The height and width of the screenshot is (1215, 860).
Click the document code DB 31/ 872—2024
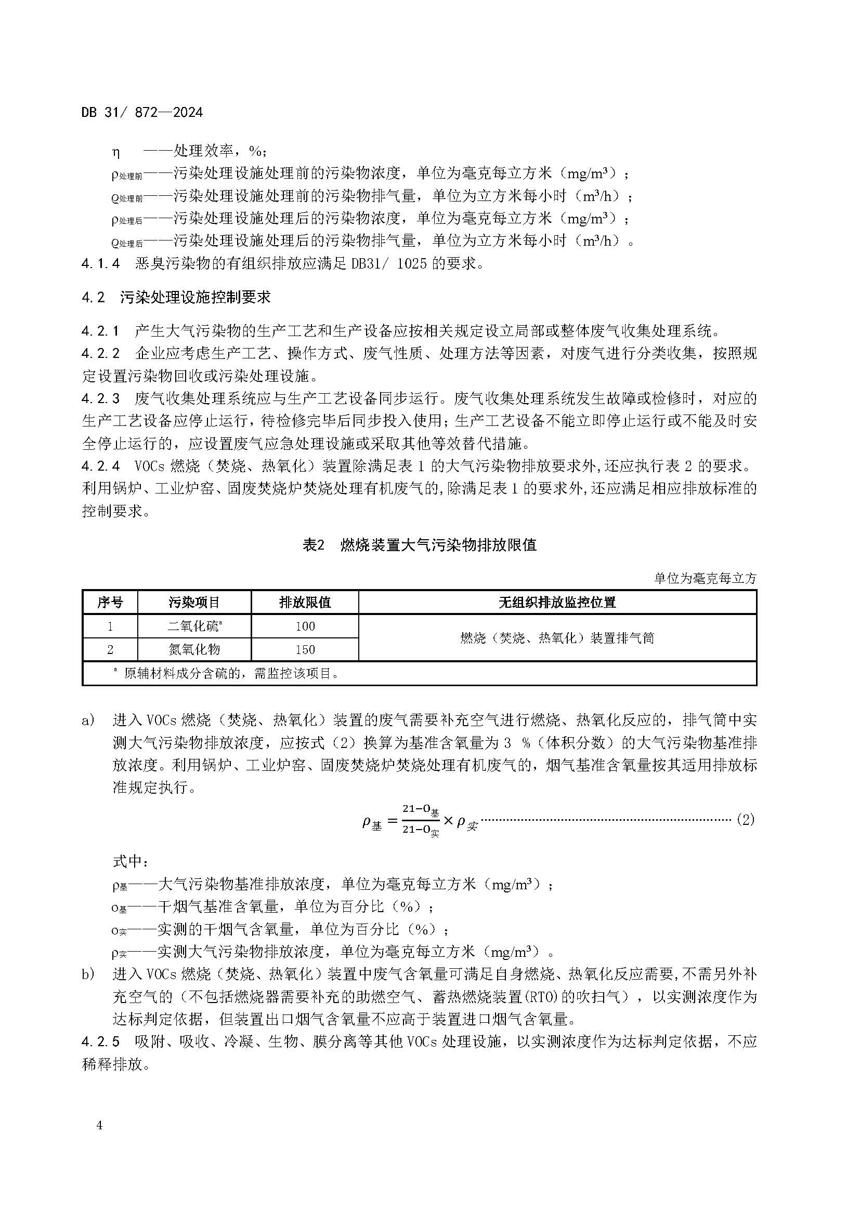coord(142,113)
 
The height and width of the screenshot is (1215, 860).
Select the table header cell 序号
coord(110,602)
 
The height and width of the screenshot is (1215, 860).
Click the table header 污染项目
coord(194,602)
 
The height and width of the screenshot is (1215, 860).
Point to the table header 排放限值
coord(305,602)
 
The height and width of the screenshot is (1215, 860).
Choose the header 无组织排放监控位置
coord(557,602)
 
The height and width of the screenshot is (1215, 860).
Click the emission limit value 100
coord(305,626)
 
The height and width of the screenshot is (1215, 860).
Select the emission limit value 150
coord(305,650)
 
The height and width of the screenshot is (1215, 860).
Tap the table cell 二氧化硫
coord(194,626)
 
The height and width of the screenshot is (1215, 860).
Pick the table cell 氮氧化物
coord(194,650)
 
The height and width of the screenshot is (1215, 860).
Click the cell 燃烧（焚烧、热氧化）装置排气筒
coord(557,638)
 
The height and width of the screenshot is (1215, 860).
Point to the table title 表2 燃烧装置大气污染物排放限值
coord(420,545)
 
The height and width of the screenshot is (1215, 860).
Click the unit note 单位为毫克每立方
coord(706,578)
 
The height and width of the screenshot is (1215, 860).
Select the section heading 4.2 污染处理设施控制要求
coord(176,298)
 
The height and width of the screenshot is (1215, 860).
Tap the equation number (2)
coord(745,820)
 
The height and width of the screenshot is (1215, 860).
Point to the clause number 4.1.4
coord(101,263)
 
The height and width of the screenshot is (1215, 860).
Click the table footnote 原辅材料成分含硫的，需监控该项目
coord(231,674)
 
